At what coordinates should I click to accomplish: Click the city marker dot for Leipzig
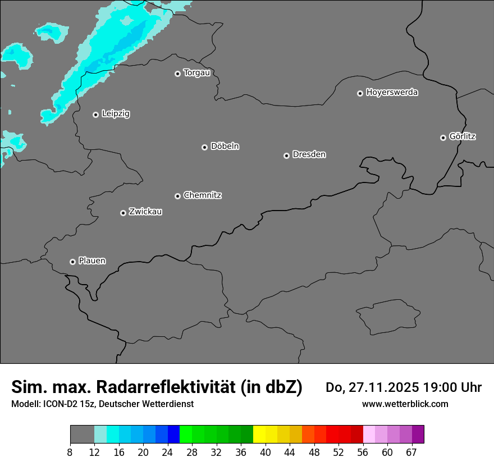pyautogui.click(x=95, y=115)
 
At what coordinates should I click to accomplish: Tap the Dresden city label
pyautogui.click(x=309, y=154)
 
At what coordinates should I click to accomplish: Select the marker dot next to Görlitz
pyautogui.click(x=443, y=138)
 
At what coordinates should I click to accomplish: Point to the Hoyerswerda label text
pyautogui.click(x=392, y=93)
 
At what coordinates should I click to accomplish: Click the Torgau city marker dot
pyautogui.click(x=177, y=74)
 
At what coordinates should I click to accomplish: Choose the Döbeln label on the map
pyautogui.click(x=225, y=147)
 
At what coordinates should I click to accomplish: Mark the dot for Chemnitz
pyautogui.click(x=177, y=196)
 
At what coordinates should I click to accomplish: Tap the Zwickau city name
pyautogui.click(x=145, y=212)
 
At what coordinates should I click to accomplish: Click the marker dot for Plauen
pyautogui.click(x=72, y=262)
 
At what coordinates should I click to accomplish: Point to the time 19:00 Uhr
pyautogui.click(x=456, y=387)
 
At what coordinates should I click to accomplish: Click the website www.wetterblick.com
pyautogui.click(x=405, y=404)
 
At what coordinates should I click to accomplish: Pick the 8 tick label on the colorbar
pyautogui.click(x=70, y=453)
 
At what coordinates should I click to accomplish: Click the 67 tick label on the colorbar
pyautogui.click(x=411, y=453)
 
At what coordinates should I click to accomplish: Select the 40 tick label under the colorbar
pyautogui.click(x=266, y=453)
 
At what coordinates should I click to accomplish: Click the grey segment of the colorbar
pyautogui.click(x=82, y=435)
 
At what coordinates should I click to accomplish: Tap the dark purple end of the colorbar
pyautogui.click(x=418, y=435)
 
